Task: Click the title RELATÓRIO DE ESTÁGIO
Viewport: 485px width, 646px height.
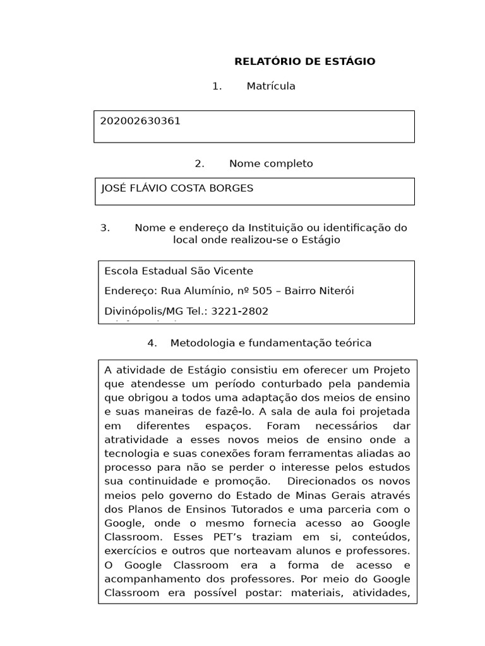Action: pyautogui.click(x=304, y=61)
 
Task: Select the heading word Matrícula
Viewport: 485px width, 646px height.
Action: pyautogui.click(x=271, y=86)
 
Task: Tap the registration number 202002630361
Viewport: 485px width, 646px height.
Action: pyautogui.click(x=140, y=121)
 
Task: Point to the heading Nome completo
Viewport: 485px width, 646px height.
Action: pyautogui.click(x=271, y=164)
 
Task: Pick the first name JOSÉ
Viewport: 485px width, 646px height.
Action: pyautogui.click(x=114, y=189)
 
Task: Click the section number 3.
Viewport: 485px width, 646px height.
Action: pyautogui.click(x=105, y=228)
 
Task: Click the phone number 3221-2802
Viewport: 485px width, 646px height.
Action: pyautogui.click(x=240, y=311)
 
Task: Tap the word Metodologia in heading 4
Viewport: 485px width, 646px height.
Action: pyautogui.click(x=201, y=343)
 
